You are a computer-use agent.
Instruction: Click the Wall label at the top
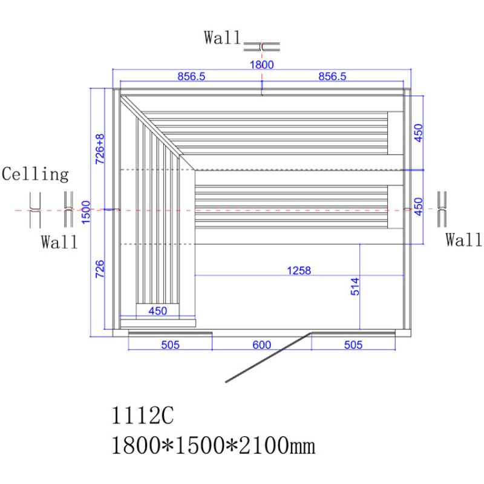point(222,39)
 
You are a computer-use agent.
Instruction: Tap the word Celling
point(35,175)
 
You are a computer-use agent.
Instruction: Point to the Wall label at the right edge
point(464,240)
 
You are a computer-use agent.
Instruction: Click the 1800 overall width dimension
point(262,65)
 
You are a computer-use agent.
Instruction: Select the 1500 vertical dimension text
point(86,212)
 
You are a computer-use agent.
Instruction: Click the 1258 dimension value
point(298,270)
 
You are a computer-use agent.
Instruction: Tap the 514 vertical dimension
point(355,286)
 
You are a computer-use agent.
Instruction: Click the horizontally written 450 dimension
point(157,311)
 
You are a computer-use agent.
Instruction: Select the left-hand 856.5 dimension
point(192,76)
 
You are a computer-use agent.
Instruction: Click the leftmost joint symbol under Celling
point(35,209)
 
